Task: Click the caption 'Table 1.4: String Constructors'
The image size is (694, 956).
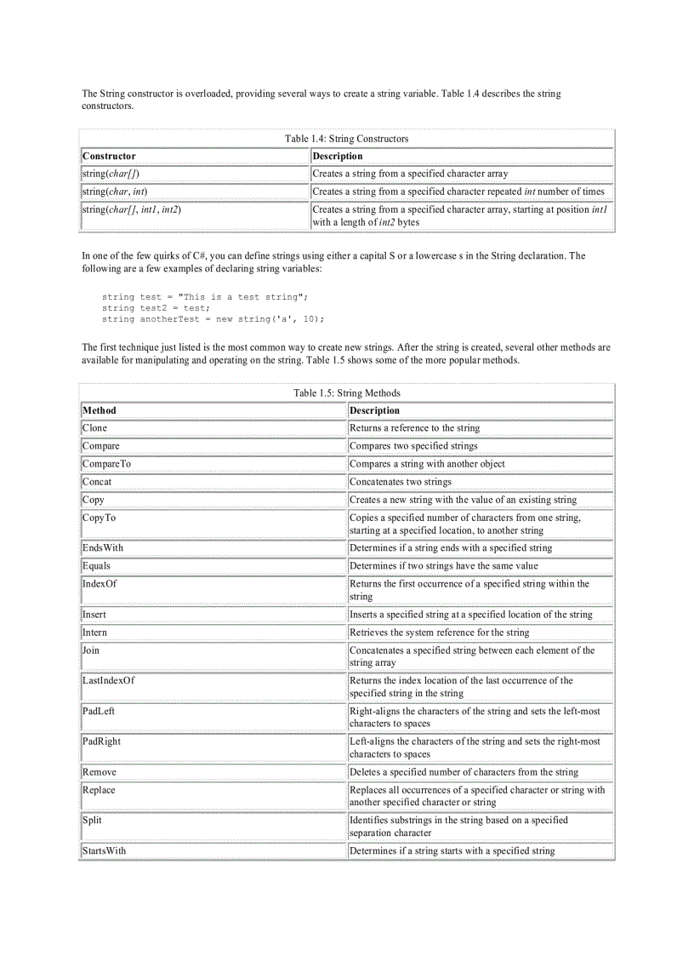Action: point(346,139)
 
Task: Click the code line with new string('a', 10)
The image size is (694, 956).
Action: point(213,319)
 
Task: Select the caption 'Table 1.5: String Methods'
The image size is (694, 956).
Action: point(346,393)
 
